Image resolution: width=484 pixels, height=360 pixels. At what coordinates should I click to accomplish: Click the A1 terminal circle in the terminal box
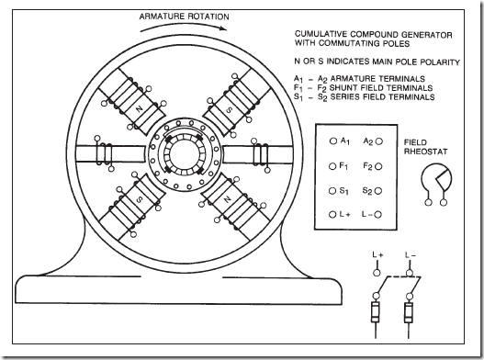(333, 141)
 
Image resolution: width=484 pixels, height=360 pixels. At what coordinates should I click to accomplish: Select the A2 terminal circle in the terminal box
(379, 141)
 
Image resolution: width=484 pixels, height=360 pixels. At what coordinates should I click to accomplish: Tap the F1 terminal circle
(332, 166)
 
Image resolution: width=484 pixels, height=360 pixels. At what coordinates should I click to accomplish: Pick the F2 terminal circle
(379, 167)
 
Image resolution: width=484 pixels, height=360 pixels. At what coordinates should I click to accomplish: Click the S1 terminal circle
(332, 191)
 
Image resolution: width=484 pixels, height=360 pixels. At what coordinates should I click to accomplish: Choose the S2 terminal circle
(378, 191)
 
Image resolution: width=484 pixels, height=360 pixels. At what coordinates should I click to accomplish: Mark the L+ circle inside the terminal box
(332, 214)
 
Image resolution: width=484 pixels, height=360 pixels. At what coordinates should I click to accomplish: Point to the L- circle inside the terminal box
(378, 215)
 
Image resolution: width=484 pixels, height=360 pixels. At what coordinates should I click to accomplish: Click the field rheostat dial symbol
(436, 179)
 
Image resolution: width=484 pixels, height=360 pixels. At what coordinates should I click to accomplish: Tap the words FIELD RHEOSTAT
(425, 147)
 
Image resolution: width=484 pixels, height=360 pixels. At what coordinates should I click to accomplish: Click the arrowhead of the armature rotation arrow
(224, 28)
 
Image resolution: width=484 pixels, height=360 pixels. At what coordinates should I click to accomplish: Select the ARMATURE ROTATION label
(184, 17)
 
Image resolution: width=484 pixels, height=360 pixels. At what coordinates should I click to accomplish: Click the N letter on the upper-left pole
(140, 108)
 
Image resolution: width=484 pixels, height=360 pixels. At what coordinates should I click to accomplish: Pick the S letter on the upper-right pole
(229, 109)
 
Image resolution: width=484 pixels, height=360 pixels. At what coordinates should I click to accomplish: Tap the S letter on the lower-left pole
(140, 199)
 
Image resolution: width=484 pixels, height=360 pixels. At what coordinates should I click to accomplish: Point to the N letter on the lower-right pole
(228, 199)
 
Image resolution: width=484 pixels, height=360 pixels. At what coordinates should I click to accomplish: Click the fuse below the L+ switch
(376, 312)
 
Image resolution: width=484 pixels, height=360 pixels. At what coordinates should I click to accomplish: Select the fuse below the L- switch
(409, 312)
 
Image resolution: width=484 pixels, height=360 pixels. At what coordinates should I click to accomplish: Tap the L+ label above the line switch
(377, 255)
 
